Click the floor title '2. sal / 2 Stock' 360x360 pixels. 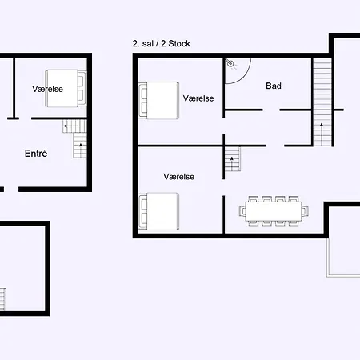[x=162, y=43]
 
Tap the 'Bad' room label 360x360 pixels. [x=274, y=86]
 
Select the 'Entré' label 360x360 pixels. [x=36, y=154]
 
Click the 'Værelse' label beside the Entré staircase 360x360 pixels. [x=47, y=89]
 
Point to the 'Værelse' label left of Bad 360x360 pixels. [x=198, y=98]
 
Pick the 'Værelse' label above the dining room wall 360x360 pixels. [x=179, y=177]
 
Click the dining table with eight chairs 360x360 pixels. [x=274, y=211]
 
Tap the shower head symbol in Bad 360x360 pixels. [x=230, y=63]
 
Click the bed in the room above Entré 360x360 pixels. [x=66, y=88]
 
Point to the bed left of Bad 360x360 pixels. [x=158, y=100]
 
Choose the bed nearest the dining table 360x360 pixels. [x=158, y=211]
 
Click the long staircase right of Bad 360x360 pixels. [x=322, y=102]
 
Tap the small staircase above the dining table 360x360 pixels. [x=233, y=159]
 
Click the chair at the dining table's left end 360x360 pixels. [x=242, y=211]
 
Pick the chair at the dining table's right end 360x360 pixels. [x=306, y=211]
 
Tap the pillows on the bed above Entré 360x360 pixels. [x=81, y=89]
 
